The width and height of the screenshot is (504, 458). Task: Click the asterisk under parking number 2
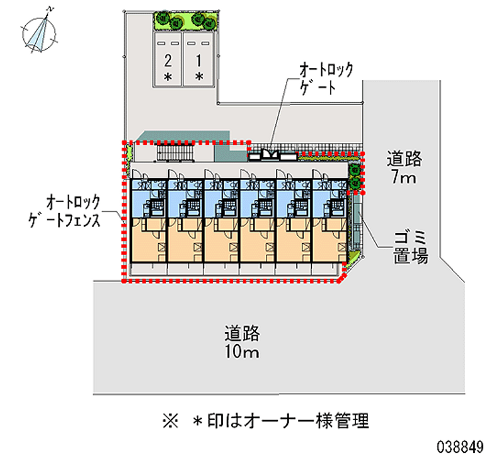click(168, 77)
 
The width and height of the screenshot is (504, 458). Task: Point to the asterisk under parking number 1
click(199, 77)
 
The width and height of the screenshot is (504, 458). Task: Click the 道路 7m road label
click(403, 168)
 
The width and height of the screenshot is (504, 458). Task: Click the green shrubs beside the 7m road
click(355, 176)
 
